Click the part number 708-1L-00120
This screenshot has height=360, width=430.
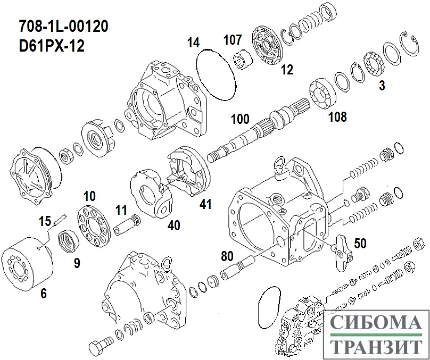(64, 27)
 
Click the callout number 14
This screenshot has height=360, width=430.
(193, 43)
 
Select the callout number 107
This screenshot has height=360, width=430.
(233, 40)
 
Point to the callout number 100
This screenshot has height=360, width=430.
(240, 119)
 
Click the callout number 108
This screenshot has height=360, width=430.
(337, 116)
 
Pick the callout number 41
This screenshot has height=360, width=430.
(205, 204)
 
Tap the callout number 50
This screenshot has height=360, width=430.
(360, 243)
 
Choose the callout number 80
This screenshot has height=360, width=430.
(227, 256)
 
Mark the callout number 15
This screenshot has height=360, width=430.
(45, 221)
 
